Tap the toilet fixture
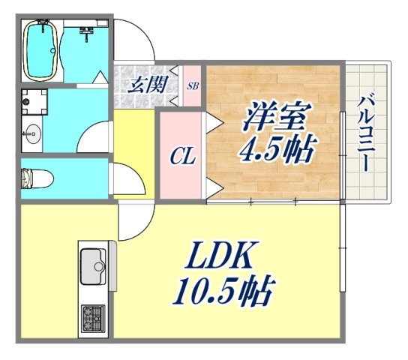(x=35, y=178)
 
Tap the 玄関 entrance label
(x=147, y=84)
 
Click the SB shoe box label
(x=193, y=86)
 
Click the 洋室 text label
(x=274, y=118)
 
